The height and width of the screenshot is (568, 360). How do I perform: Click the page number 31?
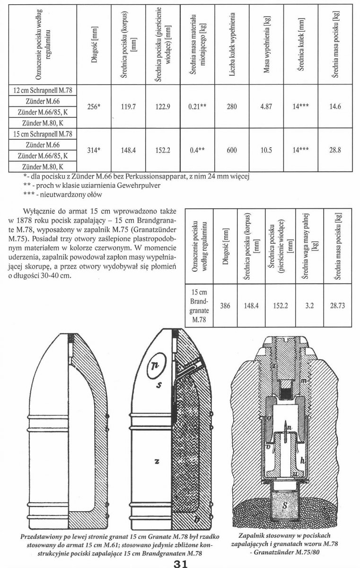tap(180, 562)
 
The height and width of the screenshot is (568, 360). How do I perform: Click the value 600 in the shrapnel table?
tap(232, 150)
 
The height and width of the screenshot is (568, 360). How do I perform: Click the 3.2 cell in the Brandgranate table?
tap(310, 306)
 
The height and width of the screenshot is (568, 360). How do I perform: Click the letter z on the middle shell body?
tap(156, 461)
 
